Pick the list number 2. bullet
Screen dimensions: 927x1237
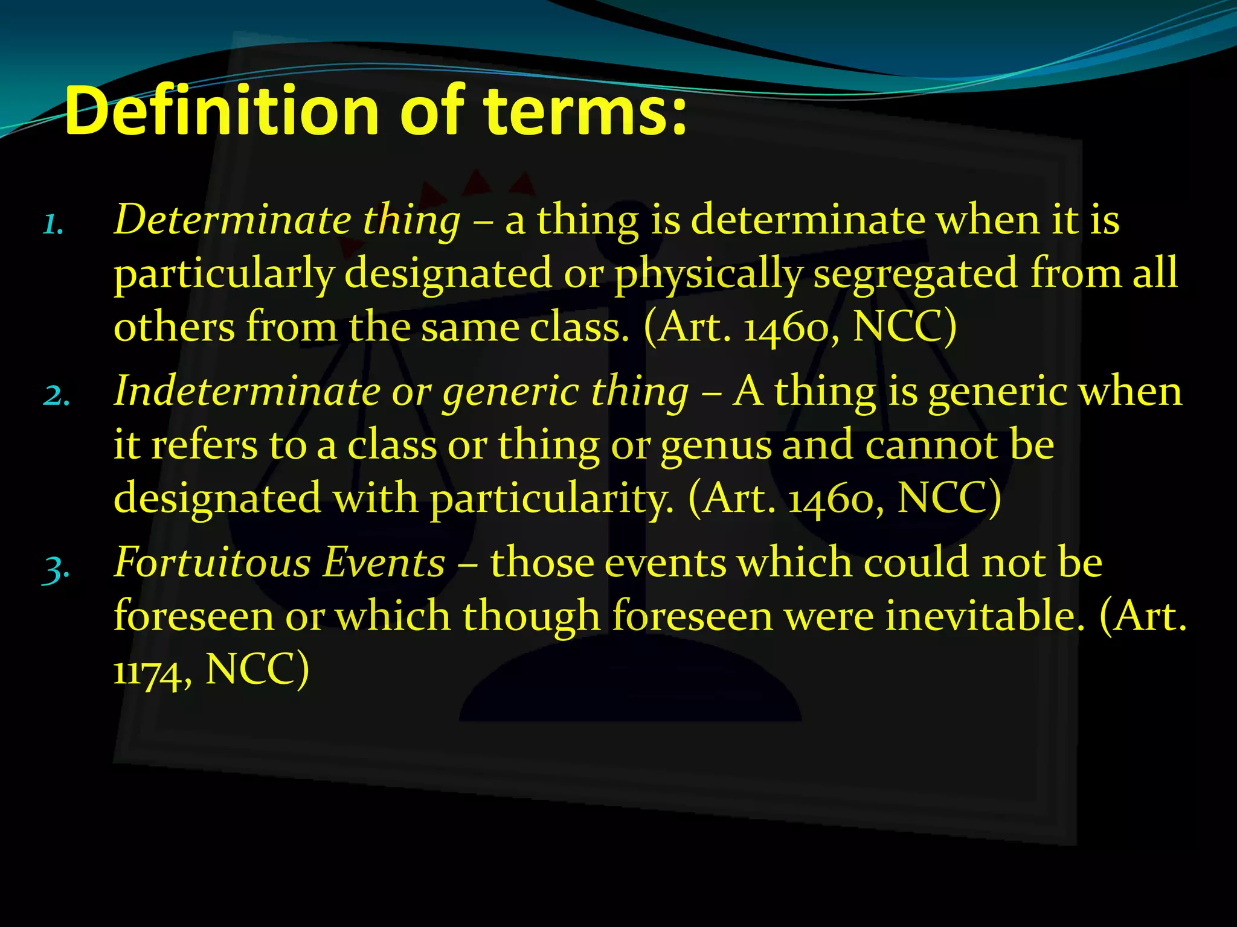[x=56, y=396]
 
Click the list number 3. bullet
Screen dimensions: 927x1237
[x=56, y=568]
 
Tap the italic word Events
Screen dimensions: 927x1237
[x=384, y=562]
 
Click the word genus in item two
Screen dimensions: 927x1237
[x=716, y=447]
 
